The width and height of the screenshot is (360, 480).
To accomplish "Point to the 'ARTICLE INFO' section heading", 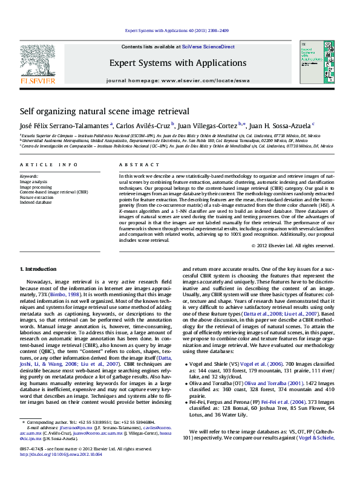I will [x=48, y=164].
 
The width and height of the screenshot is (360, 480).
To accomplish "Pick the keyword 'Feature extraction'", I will [x=38, y=197].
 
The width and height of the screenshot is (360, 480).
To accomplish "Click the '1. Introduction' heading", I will [x=39, y=268].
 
